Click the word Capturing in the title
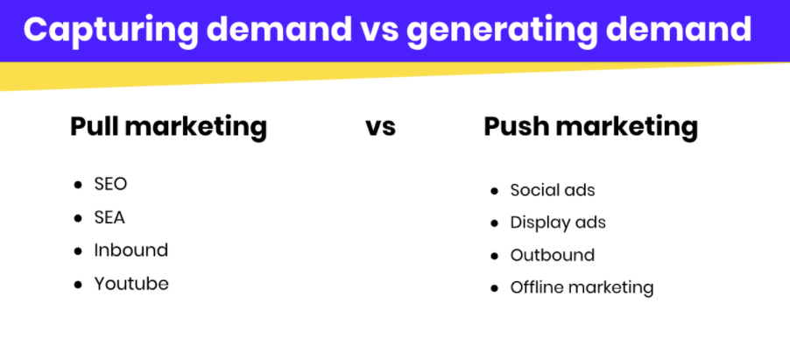point(111,31)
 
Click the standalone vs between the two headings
point(380,127)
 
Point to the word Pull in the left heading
point(95,126)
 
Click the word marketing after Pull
point(195,128)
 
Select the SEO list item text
point(110,184)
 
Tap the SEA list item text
point(109,218)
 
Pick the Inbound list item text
point(131,251)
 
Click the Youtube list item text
point(131,284)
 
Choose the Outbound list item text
point(553,255)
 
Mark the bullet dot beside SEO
point(78,185)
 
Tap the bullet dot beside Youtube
point(78,285)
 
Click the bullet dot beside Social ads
point(494,191)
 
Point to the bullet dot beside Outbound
point(494,256)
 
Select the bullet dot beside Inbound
point(78,251)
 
